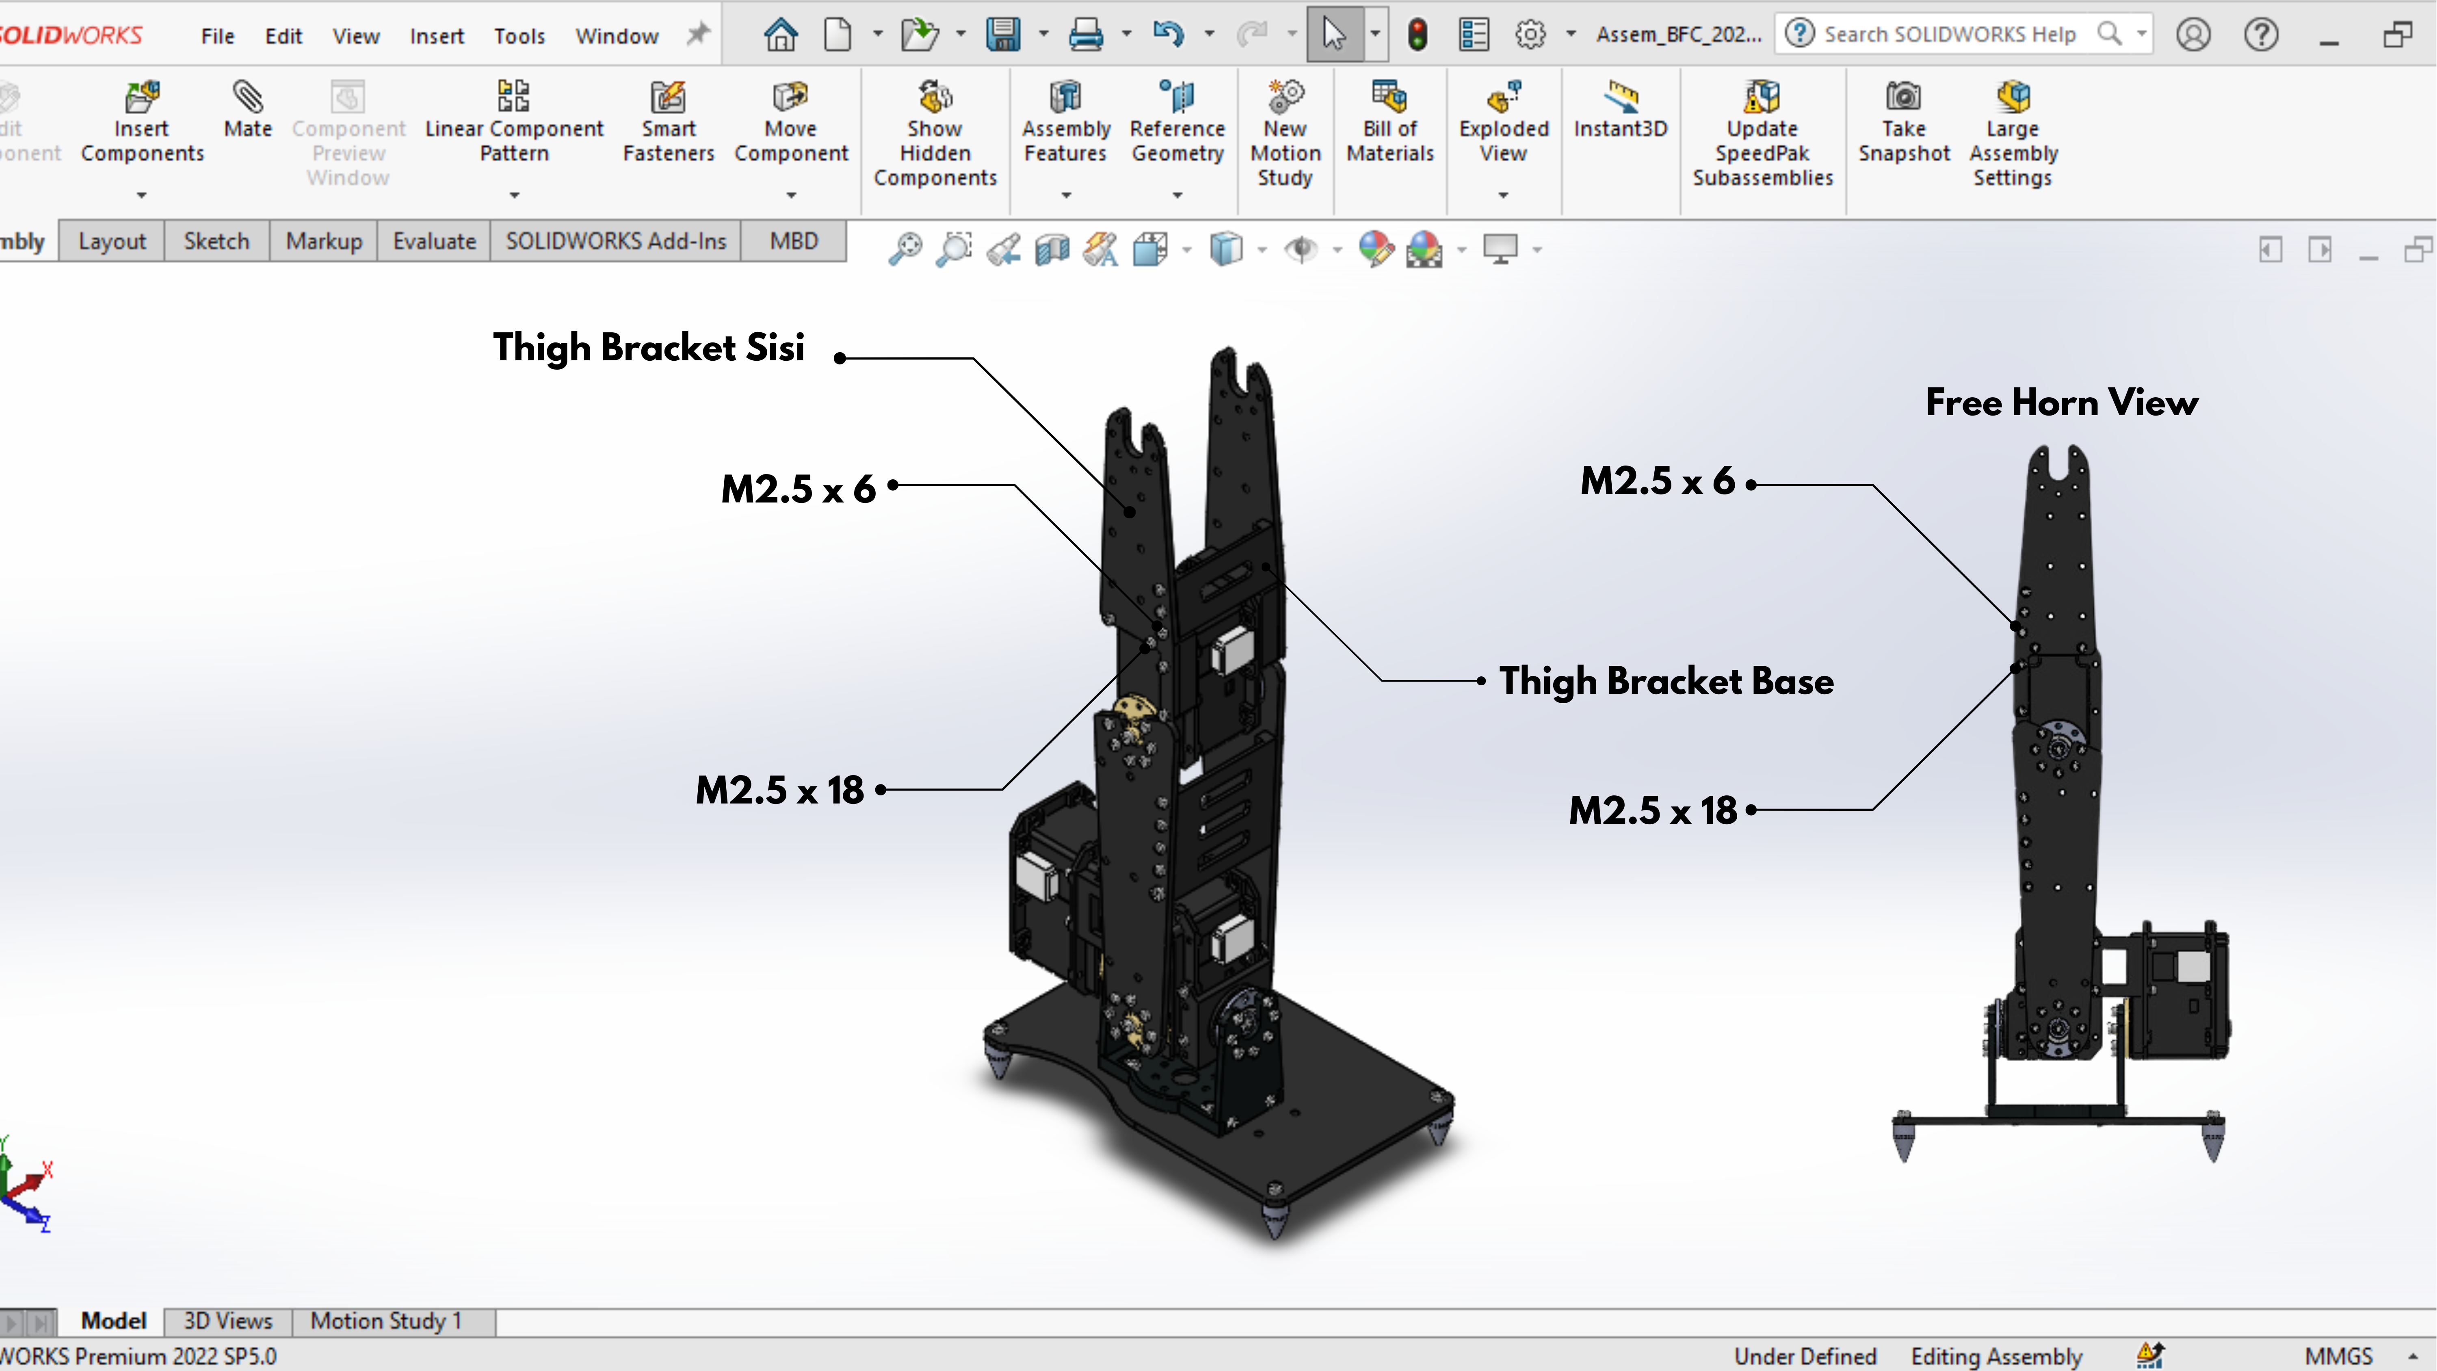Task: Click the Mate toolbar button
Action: point(248,110)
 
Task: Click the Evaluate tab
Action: point(434,241)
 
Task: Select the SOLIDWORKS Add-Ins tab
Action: point(616,241)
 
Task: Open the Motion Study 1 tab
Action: point(386,1321)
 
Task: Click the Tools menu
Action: point(519,36)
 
